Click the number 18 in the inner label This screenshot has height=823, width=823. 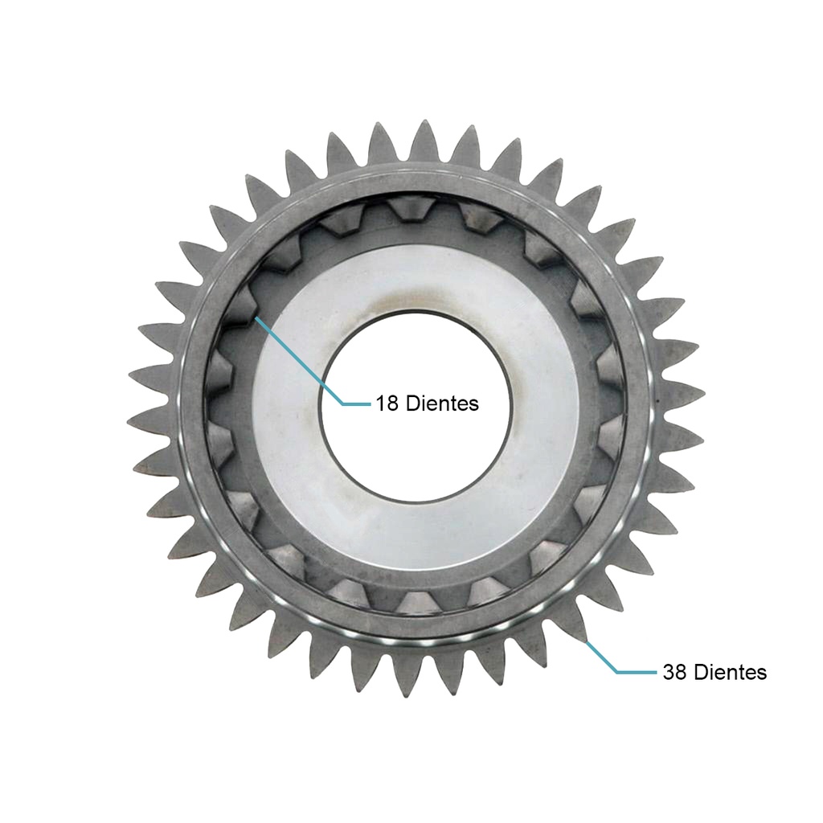(x=387, y=403)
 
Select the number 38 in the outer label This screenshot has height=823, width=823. (x=674, y=672)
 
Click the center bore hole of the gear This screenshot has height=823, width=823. (x=416, y=406)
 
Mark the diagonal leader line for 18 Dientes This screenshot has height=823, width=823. (x=299, y=360)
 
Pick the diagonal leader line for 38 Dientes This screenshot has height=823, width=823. (x=601, y=656)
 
